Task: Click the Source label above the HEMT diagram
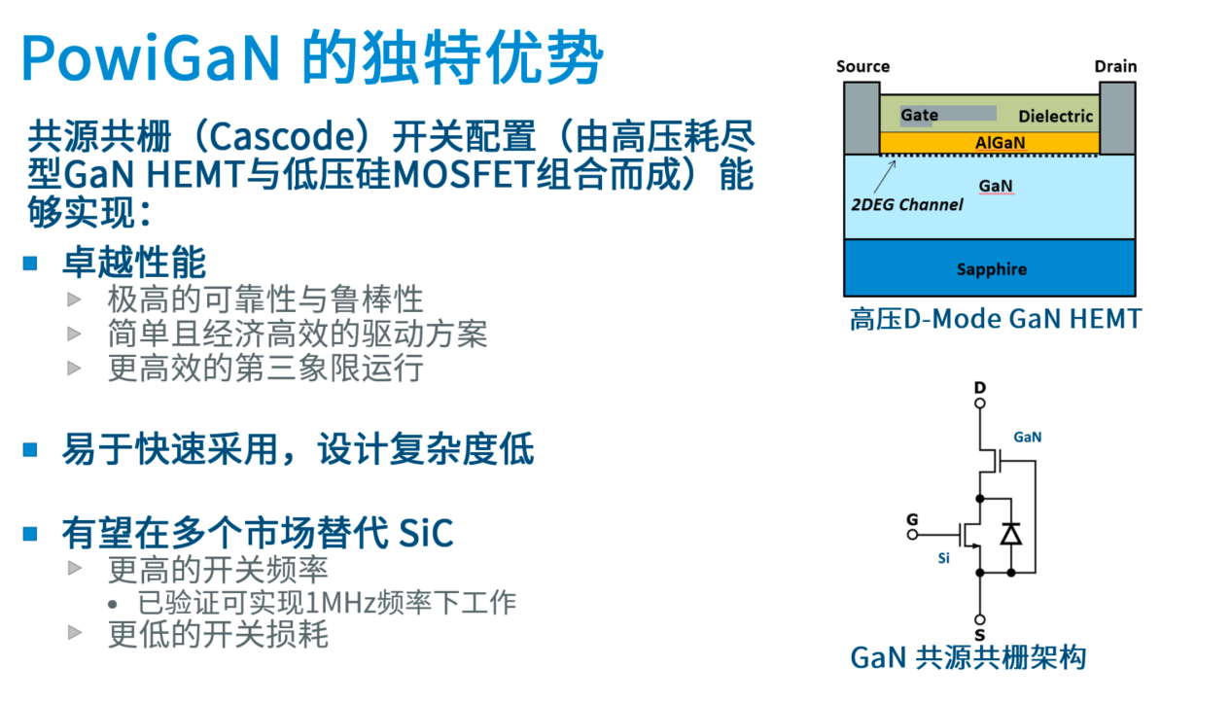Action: click(x=862, y=66)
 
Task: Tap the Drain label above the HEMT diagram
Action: click(x=1115, y=66)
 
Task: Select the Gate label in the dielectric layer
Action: click(x=919, y=115)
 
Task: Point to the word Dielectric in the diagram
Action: click(x=1055, y=116)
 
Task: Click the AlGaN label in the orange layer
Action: click(x=1000, y=143)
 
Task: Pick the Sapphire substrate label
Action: click(x=992, y=269)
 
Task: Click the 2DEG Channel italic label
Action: click(x=907, y=205)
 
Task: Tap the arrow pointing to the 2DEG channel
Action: click(x=885, y=176)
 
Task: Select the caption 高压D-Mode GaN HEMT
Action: click(x=996, y=319)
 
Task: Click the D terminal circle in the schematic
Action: click(x=979, y=404)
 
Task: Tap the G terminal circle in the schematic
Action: click(x=912, y=534)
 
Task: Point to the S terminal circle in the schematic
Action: click(x=979, y=620)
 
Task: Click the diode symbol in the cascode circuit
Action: click(x=1010, y=534)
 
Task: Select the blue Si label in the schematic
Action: click(x=943, y=558)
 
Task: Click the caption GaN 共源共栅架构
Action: click(x=967, y=657)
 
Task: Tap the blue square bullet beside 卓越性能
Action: click(x=30, y=264)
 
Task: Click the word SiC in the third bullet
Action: click(x=426, y=533)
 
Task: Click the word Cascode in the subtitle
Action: click(x=285, y=136)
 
